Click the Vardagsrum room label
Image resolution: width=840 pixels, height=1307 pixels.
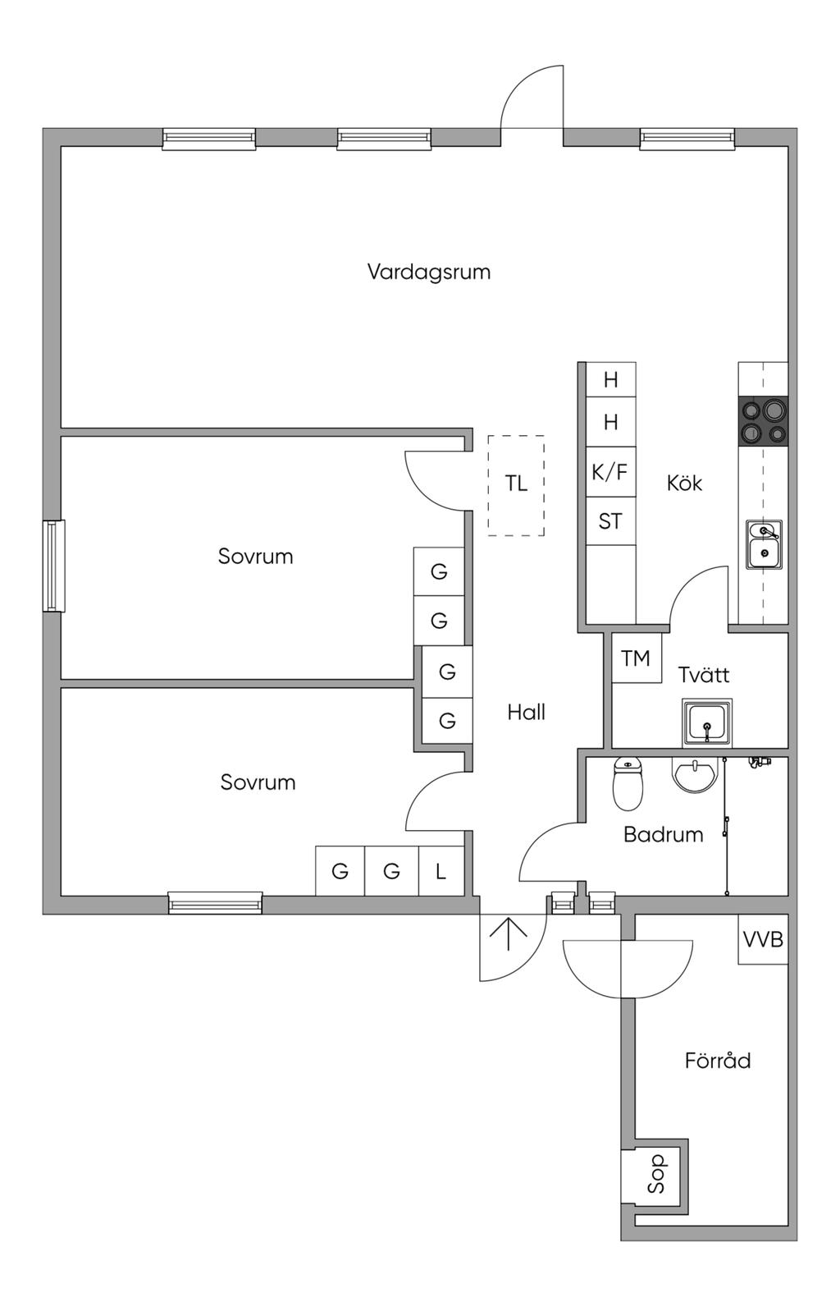428,272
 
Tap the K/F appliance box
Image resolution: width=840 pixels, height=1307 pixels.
610,472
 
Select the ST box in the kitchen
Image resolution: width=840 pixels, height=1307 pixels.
610,521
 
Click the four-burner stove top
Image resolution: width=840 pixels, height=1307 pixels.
763,421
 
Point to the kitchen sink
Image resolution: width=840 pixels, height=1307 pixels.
764,544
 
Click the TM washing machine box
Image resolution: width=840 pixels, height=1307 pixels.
636,658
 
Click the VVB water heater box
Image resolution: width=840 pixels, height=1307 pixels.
763,939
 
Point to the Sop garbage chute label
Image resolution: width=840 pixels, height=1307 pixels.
657,1175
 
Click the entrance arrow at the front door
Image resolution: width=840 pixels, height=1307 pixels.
509,934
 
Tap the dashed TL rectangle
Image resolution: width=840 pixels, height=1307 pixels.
516,485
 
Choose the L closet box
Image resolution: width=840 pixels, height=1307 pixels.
441,870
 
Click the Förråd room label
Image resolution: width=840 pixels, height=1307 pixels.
718,1061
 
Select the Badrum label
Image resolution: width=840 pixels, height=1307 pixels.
664,835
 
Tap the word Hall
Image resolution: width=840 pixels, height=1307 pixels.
526,712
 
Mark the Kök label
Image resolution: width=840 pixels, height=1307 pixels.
684,483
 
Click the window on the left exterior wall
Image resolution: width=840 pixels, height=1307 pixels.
53,566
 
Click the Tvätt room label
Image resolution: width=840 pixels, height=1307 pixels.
704,675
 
